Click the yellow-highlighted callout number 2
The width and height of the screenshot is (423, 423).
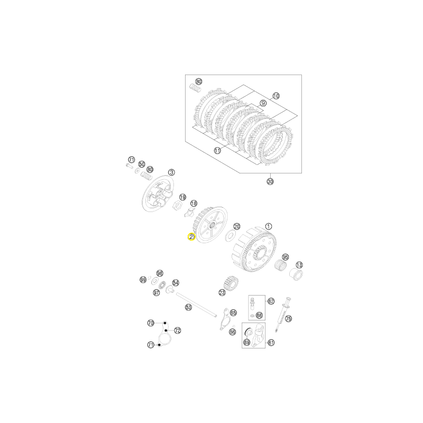click(191, 237)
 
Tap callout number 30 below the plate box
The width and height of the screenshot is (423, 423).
click(270, 181)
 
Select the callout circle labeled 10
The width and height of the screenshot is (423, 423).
click(275, 96)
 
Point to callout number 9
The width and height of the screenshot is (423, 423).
click(263, 103)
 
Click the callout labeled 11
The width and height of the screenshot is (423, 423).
click(217, 151)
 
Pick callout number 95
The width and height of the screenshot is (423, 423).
click(285, 257)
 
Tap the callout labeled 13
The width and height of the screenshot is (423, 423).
click(299, 265)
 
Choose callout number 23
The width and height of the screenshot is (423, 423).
click(222, 292)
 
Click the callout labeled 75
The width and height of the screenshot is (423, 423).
click(288, 319)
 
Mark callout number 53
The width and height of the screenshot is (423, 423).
click(188, 307)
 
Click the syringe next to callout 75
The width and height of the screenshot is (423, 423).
click(283, 314)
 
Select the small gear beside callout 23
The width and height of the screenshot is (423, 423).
click(231, 283)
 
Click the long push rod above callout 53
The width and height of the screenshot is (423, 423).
click(196, 305)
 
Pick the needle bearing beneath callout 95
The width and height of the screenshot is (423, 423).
click(280, 265)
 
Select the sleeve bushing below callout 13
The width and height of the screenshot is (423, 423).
click(296, 274)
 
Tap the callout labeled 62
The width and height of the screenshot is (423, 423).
click(271, 301)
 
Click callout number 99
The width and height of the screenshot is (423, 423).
click(143, 280)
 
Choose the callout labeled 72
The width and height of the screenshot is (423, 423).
click(178, 330)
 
